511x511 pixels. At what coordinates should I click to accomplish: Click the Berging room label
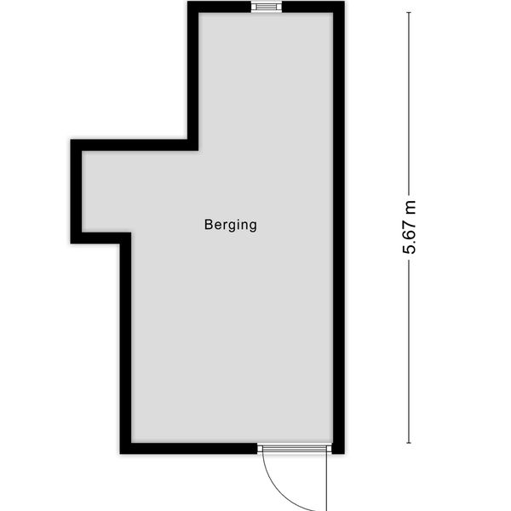tap(230, 226)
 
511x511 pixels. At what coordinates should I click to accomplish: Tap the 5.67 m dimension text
tap(411, 228)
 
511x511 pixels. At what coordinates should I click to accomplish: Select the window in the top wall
tap(267, 7)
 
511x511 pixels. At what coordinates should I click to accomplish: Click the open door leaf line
tap(327, 481)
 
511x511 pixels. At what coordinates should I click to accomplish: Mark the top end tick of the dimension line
tap(409, 12)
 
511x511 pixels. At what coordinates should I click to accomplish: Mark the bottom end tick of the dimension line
tap(409, 443)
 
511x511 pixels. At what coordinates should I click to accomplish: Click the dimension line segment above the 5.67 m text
tap(409, 102)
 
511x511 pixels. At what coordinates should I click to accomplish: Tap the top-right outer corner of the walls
tap(342, 3)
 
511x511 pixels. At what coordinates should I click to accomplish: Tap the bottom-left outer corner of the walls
tap(122, 451)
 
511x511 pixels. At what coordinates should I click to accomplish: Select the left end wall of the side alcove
tap(76, 192)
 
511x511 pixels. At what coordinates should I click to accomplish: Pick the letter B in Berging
tap(208, 226)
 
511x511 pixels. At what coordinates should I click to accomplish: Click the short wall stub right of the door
tap(337, 447)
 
